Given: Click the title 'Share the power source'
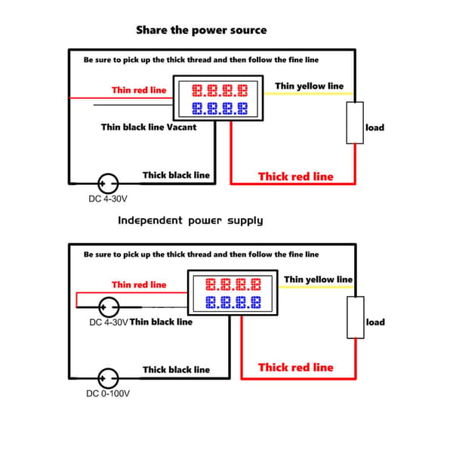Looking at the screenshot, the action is click(202, 30).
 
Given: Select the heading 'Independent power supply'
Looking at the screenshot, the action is click(190, 220).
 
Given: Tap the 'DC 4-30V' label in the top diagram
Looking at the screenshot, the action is click(108, 199).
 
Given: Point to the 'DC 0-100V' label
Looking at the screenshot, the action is click(108, 393).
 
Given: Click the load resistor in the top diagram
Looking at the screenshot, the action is click(355, 123).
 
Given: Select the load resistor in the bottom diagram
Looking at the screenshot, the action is click(356, 317).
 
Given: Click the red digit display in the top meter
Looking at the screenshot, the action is click(220, 91).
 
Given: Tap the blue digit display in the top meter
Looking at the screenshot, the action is click(220, 109).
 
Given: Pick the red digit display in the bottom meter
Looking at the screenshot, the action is click(233, 285).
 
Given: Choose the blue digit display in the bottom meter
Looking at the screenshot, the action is click(233, 303).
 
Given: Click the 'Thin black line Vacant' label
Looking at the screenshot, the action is click(149, 127).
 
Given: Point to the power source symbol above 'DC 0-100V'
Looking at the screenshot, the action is click(108, 378).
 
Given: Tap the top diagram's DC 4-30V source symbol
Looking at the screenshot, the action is click(108, 183).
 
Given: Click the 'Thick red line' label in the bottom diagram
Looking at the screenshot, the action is click(296, 368).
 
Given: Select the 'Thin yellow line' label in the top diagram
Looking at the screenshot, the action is click(309, 86).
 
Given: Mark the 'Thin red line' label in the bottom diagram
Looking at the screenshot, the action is click(139, 285).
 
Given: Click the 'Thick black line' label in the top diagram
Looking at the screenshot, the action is click(176, 175).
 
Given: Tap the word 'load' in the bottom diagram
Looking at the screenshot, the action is click(375, 322).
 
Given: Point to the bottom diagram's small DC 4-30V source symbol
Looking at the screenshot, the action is click(109, 307).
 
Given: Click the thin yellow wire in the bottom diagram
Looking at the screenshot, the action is click(316, 287).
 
